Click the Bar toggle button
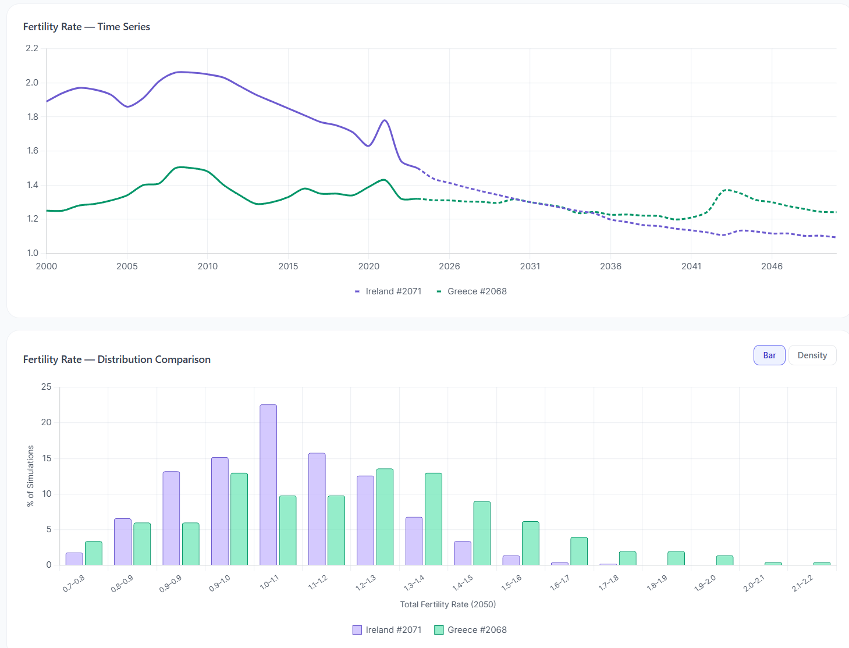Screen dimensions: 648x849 (x=769, y=355)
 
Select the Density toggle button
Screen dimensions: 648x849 (x=812, y=355)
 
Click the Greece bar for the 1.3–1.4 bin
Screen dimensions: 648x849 (x=433, y=519)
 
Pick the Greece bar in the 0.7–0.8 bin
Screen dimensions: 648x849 (x=94, y=553)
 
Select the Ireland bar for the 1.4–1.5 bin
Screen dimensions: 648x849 (x=462, y=553)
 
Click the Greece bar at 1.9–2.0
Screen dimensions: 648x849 (x=724, y=560)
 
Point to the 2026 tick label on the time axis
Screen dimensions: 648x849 (x=449, y=266)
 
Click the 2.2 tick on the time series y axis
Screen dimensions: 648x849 (x=32, y=48)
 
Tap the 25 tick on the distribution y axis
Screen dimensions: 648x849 (x=46, y=387)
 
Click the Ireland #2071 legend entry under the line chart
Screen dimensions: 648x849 (x=388, y=291)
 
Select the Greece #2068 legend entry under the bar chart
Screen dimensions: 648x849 (x=471, y=630)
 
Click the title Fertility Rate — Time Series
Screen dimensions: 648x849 (x=87, y=27)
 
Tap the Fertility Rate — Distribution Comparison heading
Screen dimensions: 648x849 (x=117, y=359)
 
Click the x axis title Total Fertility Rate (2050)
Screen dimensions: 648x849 (x=448, y=604)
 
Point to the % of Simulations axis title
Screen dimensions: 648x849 (x=30, y=476)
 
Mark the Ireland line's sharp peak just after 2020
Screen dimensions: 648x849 (x=385, y=120)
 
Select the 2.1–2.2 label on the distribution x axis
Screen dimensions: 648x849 (x=802, y=583)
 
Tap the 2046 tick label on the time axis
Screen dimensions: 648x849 (x=772, y=266)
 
